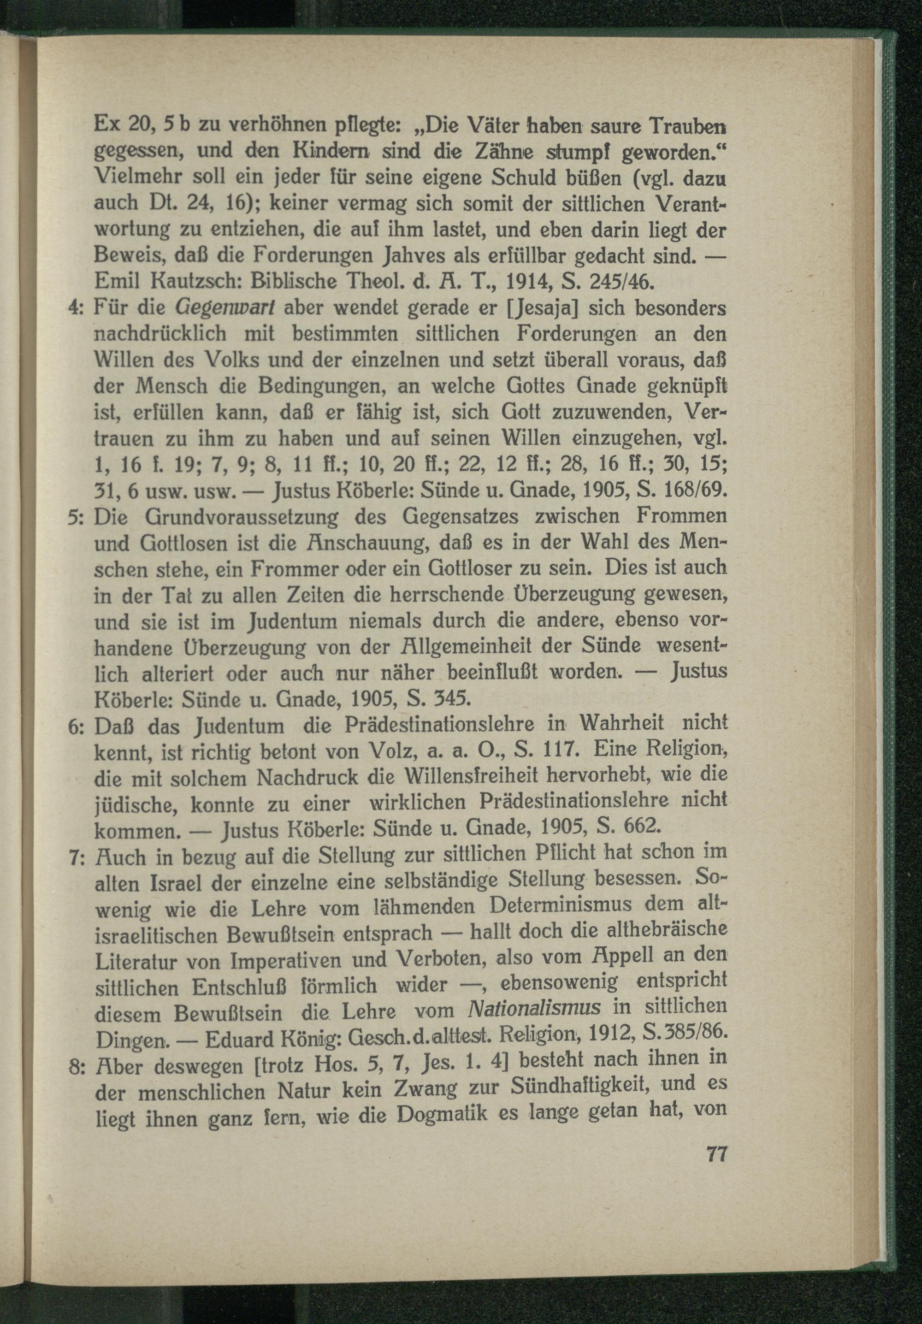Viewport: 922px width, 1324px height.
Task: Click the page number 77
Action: coord(715,1156)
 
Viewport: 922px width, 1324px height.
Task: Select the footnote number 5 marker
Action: coord(76,517)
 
